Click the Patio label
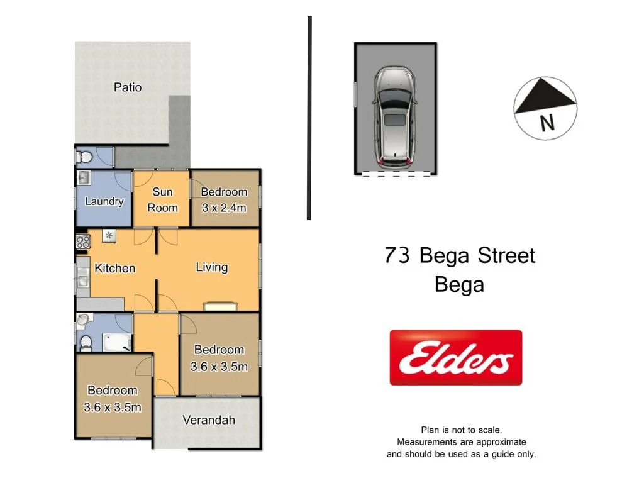coord(128,87)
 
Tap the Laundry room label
coord(104,202)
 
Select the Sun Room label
coord(162,199)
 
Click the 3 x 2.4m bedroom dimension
coord(224,208)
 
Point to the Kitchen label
coord(115,268)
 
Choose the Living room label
coord(211,267)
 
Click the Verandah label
coord(209,420)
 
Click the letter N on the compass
coord(548,123)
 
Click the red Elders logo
coord(456,358)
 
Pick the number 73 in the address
coord(398,256)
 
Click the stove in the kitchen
coord(82,242)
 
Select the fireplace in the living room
coord(221,307)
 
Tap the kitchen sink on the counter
coord(82,277)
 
